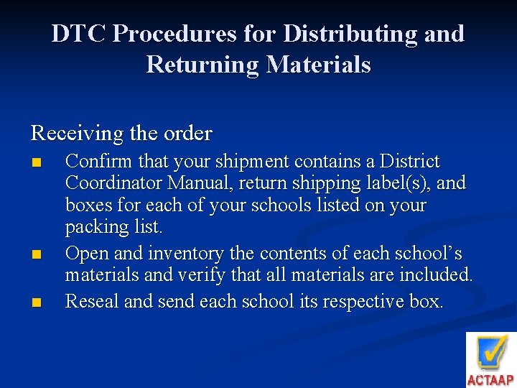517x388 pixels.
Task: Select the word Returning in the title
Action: tap(203, 65)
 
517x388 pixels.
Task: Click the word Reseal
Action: tap(92, 301)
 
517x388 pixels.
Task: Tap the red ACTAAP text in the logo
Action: tap(490, 380)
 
